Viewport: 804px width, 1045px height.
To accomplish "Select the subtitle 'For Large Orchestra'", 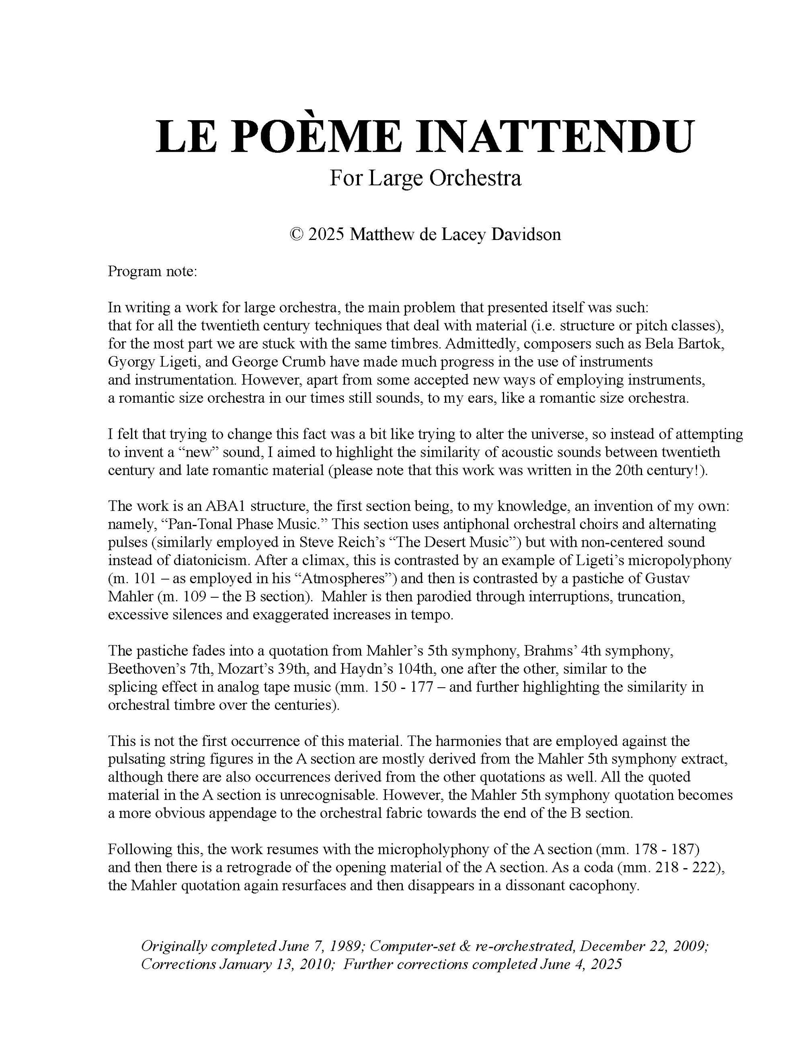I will [425, 178].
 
